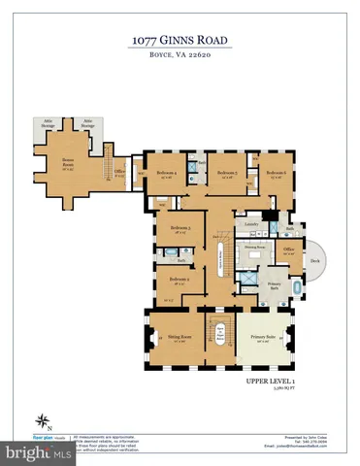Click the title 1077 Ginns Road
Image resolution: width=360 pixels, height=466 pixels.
[x=180, y=40]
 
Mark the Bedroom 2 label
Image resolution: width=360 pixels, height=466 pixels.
[x=179, y=281]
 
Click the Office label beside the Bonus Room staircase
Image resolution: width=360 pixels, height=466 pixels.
[x=117, y=174]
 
